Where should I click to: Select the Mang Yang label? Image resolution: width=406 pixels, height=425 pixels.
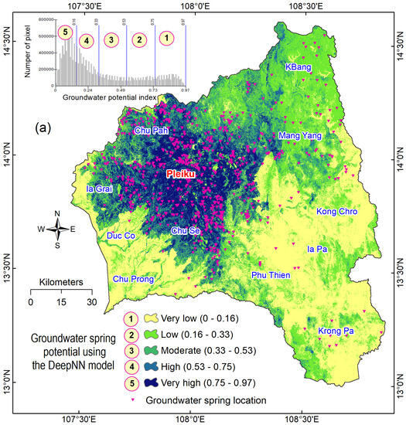click(299, 137)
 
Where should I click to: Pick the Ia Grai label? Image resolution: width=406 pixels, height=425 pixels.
click(101, 189)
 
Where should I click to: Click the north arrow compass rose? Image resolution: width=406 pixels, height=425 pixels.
click(57, 229)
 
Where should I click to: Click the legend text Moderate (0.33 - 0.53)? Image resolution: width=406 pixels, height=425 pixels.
click(212, 350)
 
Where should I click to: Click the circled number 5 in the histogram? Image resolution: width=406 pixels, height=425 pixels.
click(67, 32)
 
